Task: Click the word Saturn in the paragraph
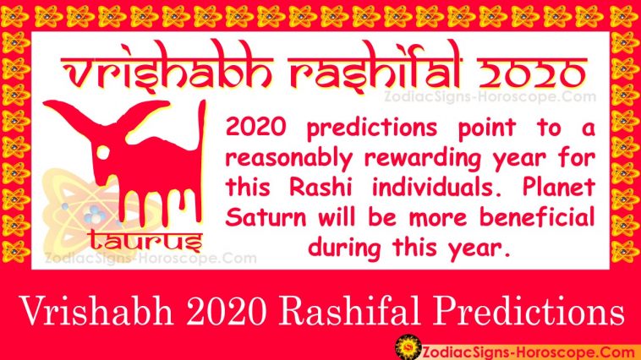tap(266, 217)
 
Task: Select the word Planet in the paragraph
tap(559, 188)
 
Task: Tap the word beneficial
tap(537, 217)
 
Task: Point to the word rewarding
tap(423, 159)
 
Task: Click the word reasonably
tap(289, 159)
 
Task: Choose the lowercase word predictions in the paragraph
tap(372, 128)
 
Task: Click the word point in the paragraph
tap(487, 128)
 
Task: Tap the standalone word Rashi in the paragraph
tap(320, 188)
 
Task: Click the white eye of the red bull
tap(102, 152)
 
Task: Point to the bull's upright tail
tap(201, 160)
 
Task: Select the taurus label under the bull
tap(145, 240)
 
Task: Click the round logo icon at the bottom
tap(408, 347)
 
